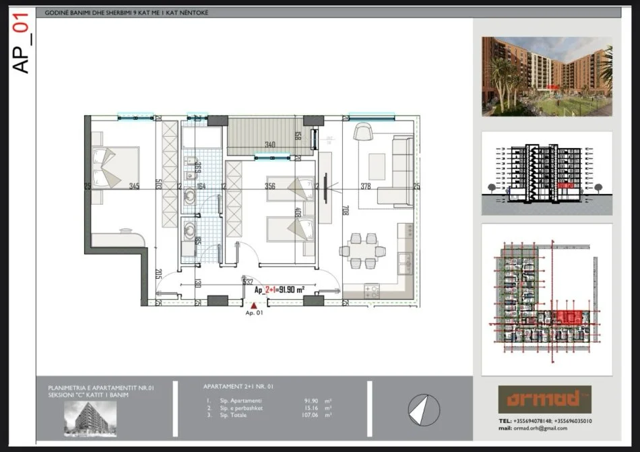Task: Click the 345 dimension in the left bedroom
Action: (x=134, y=187)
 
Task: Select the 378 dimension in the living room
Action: (x=366, y=187)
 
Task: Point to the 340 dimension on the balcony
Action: (x=270, y=145)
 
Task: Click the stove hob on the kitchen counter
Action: (x=372, y=291)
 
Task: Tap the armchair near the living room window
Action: (x=361, y=131)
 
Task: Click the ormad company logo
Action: (x=540, y=399)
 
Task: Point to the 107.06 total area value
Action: (x=310, y=416)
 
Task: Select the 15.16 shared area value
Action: (x=310, y=408)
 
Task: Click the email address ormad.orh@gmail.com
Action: (x=542, y=428)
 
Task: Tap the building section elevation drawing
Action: (x=546, y=173)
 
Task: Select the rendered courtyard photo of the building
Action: (x=546, y=76)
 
